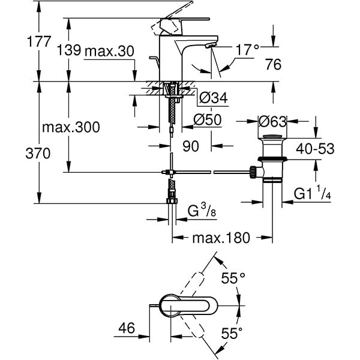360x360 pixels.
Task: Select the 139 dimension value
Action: (70, 51)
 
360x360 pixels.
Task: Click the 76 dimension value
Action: (273, 65)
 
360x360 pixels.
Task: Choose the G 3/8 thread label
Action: (201, 211)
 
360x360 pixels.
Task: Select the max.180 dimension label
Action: (220, 238)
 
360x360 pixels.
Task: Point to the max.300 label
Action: (71, 127)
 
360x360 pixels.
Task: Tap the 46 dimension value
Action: (126, 329)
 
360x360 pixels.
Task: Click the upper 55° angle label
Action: (234, 278)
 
